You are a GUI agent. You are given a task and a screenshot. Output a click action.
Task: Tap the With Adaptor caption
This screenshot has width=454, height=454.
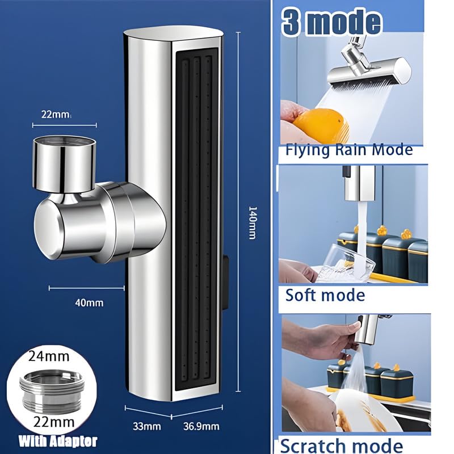click(57, 441)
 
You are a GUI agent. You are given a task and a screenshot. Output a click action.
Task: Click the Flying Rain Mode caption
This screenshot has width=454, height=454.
click(348, 150)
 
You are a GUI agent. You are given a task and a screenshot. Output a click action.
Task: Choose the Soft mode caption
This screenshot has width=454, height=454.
click(325, 295)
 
